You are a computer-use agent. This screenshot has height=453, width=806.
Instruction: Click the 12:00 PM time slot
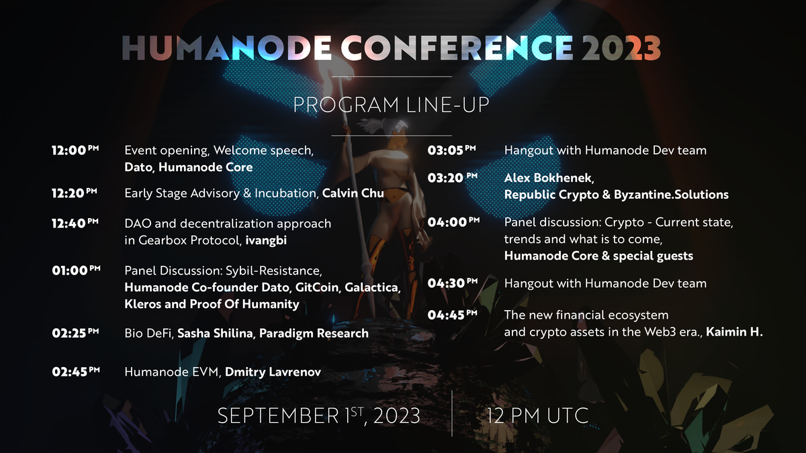75,150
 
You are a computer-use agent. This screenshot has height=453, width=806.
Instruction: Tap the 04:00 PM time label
453,223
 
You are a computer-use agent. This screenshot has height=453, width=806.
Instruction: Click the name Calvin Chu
353,194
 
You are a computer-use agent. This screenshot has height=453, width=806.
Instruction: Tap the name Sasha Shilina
215,333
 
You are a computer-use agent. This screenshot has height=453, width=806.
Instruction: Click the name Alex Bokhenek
548,178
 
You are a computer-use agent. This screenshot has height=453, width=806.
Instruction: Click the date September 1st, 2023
319,415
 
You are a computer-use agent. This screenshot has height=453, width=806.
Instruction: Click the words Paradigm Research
314,333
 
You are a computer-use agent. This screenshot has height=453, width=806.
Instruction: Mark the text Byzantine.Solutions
671,195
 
